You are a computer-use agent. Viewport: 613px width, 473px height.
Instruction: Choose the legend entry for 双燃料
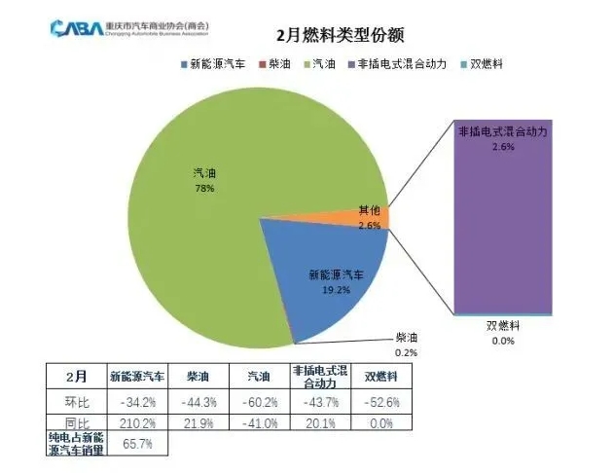point(483,65)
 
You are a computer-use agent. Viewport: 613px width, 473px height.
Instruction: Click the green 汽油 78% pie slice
point(195,195)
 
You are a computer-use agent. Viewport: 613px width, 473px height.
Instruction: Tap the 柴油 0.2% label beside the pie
point(407,346)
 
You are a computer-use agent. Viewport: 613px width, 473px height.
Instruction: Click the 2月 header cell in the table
point(75,376)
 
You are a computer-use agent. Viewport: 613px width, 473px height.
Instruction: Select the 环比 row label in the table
point(75,401)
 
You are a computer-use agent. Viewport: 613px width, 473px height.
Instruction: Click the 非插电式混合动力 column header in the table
point(320,376)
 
